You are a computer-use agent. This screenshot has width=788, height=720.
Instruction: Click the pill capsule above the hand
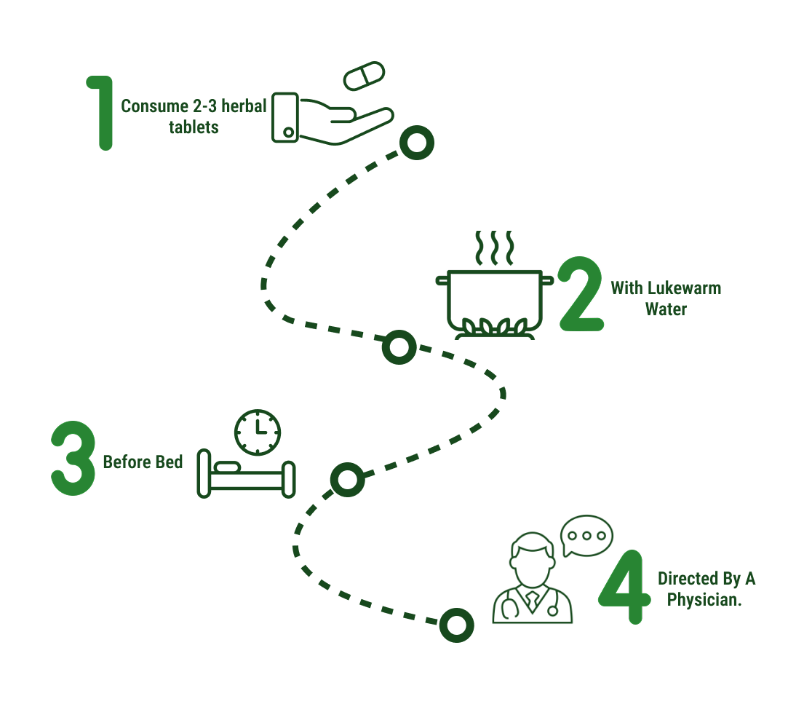coord(364,76)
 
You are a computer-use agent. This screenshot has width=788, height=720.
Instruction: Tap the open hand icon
coord(331,118)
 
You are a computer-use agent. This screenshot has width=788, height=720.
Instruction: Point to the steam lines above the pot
coord(495,249)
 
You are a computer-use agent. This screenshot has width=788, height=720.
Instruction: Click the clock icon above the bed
coord(258,432)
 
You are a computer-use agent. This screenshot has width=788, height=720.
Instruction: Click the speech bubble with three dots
coord(586,537)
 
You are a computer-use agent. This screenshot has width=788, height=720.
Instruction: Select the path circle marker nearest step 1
coord(416,143)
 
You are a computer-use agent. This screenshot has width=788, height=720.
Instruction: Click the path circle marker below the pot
coord(399,347)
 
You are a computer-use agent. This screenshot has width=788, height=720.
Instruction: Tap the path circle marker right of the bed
coord(347,480)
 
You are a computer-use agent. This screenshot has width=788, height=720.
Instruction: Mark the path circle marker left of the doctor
coord(456,625)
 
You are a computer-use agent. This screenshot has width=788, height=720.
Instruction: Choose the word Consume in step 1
coord(149,106)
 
